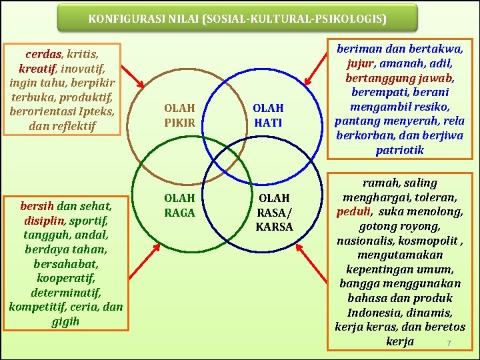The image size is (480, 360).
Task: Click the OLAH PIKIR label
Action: point(179,115)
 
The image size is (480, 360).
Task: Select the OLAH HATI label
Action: point(268,115)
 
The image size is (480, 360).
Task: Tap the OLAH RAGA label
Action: point(179,205)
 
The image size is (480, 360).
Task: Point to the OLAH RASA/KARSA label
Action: point(274,212)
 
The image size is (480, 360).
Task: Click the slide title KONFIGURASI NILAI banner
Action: point(237,19)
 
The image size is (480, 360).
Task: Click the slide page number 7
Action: point(449,343)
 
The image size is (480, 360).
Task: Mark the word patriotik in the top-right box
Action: point(399,150)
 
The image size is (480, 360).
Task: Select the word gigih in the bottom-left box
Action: point(65,321)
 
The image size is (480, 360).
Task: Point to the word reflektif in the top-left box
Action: point(73,125)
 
